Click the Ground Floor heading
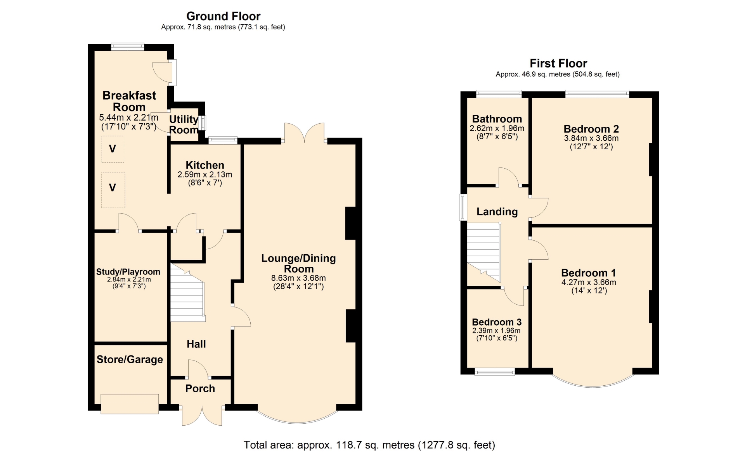tap(223, 16)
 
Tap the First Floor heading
tap(558, 63)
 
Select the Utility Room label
tap(184, 124)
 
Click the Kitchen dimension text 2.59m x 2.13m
tap(205, 174)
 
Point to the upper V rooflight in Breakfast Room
tap(113, 149)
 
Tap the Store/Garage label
tap(130, 360)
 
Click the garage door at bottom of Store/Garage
tap(130, 404)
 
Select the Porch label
tap(200, 388)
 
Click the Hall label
tap(196, 344)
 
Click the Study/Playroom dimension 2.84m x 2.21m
tap(129, 279)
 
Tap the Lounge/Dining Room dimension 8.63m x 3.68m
tap(298, 278)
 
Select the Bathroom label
tap(497, 119)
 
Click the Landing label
tap(497, 212)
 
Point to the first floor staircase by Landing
tap(483, 252)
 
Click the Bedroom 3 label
tap(497, 322)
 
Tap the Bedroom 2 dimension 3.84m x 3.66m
tap(591, 138)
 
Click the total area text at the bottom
tap(369, 445)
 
